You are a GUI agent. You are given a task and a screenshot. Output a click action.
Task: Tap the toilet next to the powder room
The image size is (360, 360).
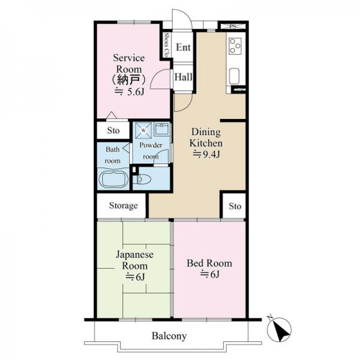[x=142, y=179]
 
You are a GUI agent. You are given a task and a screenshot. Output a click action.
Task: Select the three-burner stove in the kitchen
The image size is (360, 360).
[x=235, y=46]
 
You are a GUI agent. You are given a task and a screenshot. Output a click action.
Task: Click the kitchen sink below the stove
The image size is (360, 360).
[x=234, y=76]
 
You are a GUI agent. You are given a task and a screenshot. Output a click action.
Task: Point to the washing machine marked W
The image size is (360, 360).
[x=143, y=130]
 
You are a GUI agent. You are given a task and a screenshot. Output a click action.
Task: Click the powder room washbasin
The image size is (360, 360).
[x=162, y=129]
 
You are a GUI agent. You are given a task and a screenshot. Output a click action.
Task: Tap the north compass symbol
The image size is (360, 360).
[x=279, y=329]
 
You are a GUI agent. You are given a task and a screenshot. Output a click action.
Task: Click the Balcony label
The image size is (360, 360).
[x=169, y=336]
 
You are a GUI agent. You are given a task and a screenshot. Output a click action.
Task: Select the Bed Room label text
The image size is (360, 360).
[x=209, y=263]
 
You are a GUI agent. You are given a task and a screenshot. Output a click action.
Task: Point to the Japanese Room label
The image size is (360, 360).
[x=134, y=260]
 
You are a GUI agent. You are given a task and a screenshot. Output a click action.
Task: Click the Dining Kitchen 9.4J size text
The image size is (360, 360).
[x=206, y=155]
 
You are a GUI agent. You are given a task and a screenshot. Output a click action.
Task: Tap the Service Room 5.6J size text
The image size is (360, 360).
[x=129, y=92]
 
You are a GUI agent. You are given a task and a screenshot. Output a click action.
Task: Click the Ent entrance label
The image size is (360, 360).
[x=183, y=47]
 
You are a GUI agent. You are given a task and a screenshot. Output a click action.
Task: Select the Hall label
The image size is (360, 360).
[x=184, y=77]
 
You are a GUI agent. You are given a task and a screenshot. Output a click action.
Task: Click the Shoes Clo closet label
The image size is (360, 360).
[x=167, y=45]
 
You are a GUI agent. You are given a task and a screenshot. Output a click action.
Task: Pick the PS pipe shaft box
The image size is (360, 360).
[x=233, y=26]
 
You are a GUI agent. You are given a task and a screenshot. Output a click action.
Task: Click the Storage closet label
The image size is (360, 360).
[x=124, y=205]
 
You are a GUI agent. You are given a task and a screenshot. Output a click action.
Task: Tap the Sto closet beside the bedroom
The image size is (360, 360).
[x=235, y=206]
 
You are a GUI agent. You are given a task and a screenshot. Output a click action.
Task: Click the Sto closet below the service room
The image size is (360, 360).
[x=113, y=130]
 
